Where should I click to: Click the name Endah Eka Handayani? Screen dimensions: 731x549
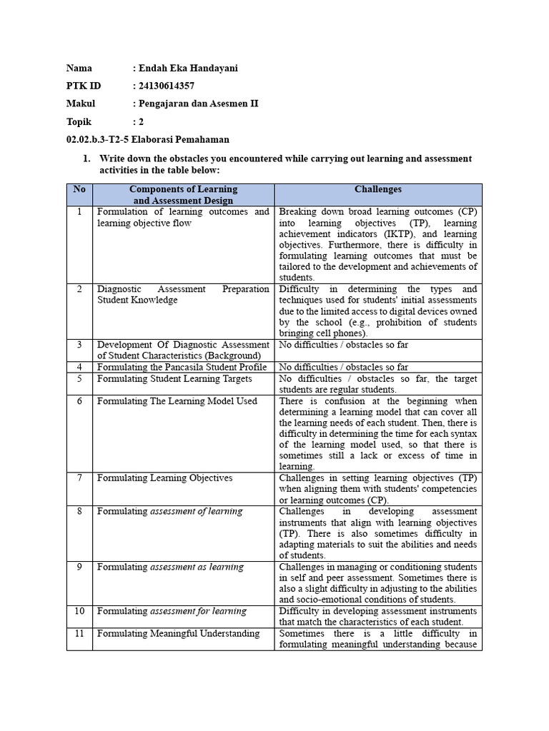click(x=187, y=69)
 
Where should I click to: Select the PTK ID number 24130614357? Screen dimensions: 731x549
click(x=166, y=86)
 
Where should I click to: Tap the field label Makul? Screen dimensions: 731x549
click(x=81, y=104)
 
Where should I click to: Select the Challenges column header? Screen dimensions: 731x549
click(x=377, y=190)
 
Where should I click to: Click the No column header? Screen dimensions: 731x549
click(x=79, y=190)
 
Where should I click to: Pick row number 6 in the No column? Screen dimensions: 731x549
click(x=79, y=401)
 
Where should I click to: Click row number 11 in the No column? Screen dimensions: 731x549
click(x=79, y=634)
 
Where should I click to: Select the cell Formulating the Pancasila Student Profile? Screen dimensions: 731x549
click(x=182, y=367)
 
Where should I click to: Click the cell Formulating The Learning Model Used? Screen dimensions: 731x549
click(x=177, y=401)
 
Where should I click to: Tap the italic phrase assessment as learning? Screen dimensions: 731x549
click(x=197, y=567)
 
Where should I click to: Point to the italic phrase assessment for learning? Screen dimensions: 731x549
click(x=198, y=612)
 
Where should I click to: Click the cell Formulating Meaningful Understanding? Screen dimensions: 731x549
click(x=178, y=634)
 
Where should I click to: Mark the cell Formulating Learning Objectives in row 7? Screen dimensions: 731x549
click(x=164, y=478)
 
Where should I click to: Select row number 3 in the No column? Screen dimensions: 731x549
click(x=79, y=345)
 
